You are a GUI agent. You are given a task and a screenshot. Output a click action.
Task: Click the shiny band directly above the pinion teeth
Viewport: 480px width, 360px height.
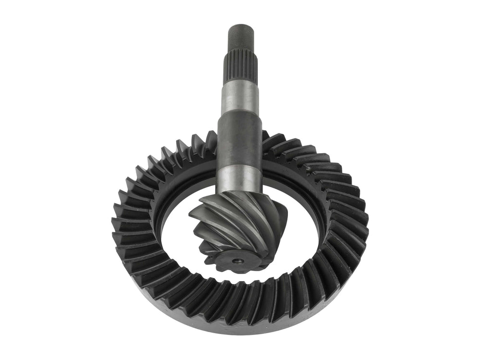239,178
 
